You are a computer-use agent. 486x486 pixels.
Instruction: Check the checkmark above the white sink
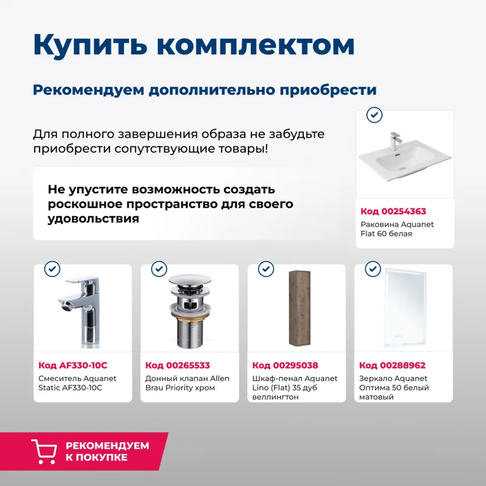(x=375, y=114)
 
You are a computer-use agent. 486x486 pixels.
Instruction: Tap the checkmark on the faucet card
(x=52, y=269)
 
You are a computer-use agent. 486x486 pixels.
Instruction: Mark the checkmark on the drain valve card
(x=159, y=269)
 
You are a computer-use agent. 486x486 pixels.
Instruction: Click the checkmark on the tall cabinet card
(x=266, y=269)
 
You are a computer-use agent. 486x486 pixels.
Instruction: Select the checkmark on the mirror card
(x=372, y=269)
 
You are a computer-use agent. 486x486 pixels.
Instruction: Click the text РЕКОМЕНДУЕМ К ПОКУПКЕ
(x=107, y=451)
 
